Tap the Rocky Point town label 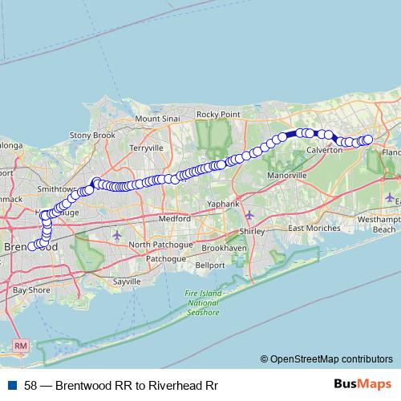[x=218, y=115]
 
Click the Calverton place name [x=324, y=150]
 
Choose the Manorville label [x=287, y=175]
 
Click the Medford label [x=174, y=217]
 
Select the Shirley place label [x=247, y=231]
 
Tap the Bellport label [x=210, y=265]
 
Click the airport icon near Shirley [x=249, y=215]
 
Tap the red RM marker [x=21, y=346]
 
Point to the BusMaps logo [x=363, y=384]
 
